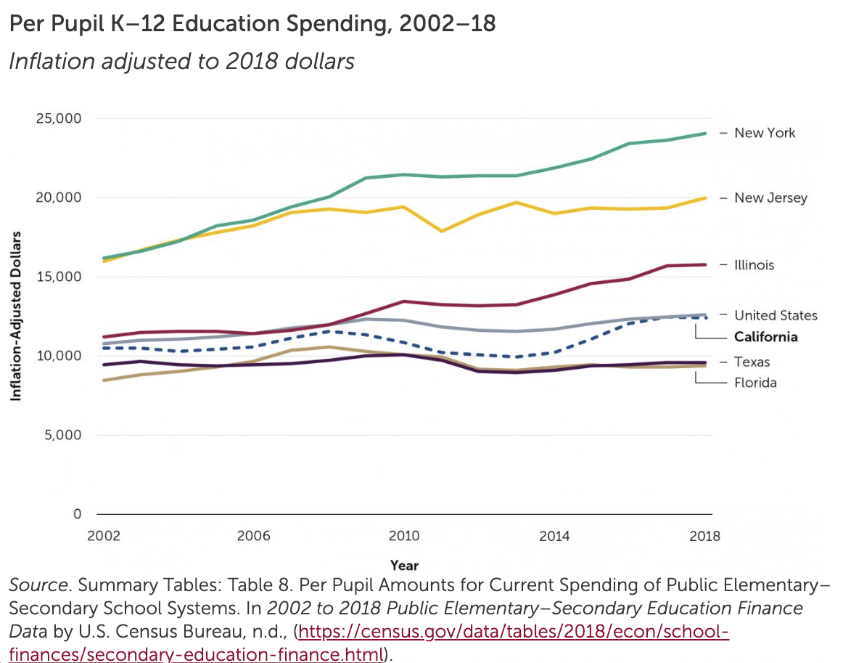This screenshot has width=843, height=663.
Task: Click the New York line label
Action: coord(765,133)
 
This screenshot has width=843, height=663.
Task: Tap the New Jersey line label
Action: coord(770,198)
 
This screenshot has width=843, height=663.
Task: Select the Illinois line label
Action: coord(754,265)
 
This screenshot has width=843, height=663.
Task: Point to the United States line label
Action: coord(776,315)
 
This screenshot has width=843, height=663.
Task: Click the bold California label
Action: coord(765,337)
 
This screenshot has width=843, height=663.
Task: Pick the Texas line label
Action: coord(752,362)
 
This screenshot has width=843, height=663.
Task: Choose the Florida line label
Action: coord(755,383)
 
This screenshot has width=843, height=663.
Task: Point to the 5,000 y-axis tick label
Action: coord(62,435)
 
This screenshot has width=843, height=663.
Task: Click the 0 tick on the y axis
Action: coord(76,514)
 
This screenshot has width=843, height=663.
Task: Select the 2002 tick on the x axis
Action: coord(103,537)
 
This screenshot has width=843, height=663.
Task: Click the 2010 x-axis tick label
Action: coord(404,537)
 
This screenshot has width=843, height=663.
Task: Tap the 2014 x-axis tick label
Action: coord(554,537)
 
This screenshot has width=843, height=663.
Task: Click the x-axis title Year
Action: coord(404,565)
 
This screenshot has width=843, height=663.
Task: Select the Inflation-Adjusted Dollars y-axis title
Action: coord(15,316)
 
